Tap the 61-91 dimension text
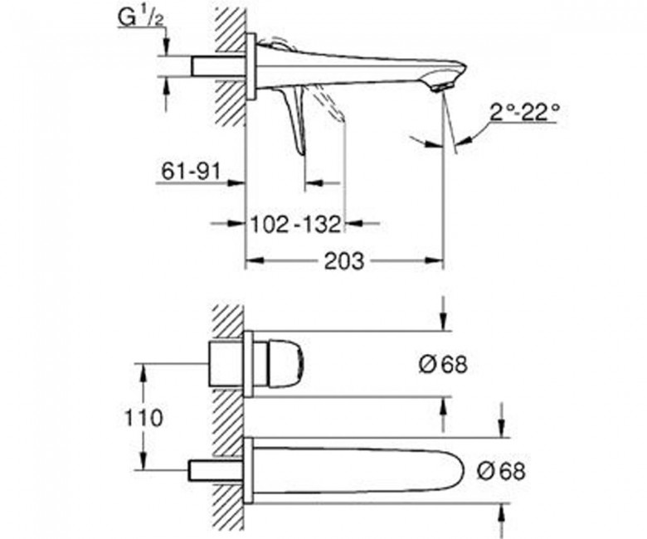tap(191, 172)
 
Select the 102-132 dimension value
tap(297, 225)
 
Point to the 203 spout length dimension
tap(344, 261)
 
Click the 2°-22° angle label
tap(525, 112)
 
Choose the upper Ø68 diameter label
tap(443, 365)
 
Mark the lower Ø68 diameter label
tap(501, 471)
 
